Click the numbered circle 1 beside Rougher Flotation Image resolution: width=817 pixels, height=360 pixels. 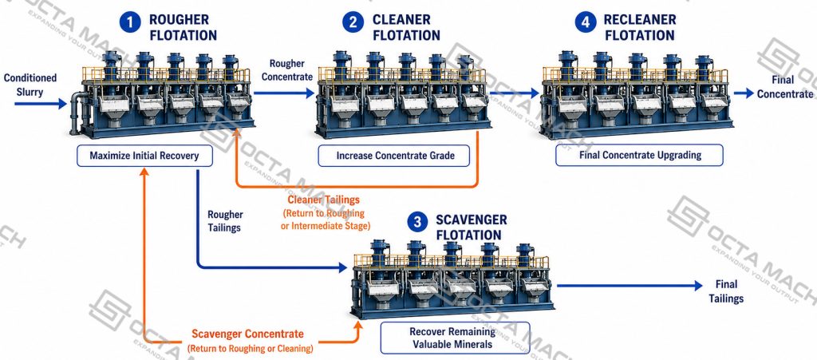pyautogui.click(x=130, y=23)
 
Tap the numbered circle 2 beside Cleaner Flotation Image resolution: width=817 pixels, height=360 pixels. pyautogui.click(x=353, y=23)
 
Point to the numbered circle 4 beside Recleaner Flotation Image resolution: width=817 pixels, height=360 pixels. pyautogui.click(x=586, y=23)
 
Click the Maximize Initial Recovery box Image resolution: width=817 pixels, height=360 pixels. pyautogui.click(x=145, y=156)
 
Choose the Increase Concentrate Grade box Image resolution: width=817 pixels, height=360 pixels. pyautogui.click(x=395, y=156)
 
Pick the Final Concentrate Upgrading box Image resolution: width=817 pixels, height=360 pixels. pyautogui.click(x=639, y=155)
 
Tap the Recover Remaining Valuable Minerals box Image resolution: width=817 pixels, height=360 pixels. pyautogui.click(x=455, y=338)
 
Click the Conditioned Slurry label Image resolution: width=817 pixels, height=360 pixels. pyautogui.click(x=30, y=85)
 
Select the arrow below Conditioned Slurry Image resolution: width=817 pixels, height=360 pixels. pyautogui.click(x=41, y=105)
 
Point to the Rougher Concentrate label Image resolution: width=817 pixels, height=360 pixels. pyautogui.click(x=287, y=70)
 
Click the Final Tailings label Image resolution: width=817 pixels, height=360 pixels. pyautogui.click(x=726, y=291)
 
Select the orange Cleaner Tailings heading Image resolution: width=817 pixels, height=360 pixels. pyautogui.click(x=324, y=200)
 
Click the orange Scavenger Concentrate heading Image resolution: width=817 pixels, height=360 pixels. pyautogui.click(x=247, y=334)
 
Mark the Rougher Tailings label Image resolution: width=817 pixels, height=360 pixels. pyautogui.click(x=225, y=221)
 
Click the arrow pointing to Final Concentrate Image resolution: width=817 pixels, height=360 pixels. pyautogui.click(x=744, y=93)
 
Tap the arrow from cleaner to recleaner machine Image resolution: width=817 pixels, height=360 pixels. pyautogui.click(x=515, y=93)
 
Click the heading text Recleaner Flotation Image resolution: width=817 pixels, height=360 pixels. pyautogui.click(x=640, y=28)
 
